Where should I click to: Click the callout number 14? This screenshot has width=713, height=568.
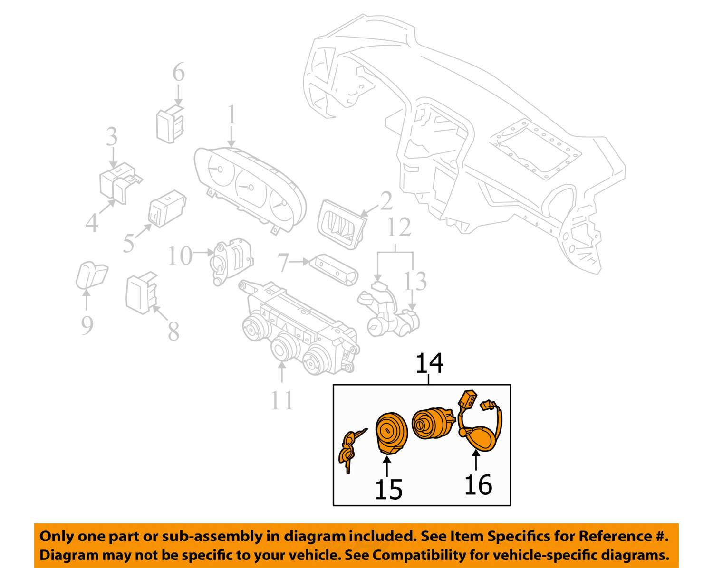pos(429,363)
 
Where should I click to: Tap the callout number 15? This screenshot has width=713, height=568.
pos(388,489)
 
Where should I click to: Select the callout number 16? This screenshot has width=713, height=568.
pos(478,484)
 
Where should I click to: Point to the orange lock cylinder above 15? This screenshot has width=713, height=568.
pos(391,432)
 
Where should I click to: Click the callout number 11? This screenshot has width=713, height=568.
pos(282,400)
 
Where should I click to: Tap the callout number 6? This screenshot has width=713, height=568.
pos(178,73)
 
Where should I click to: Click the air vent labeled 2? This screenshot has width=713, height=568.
pos(341,225)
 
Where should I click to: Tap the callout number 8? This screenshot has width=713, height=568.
pos(173,331)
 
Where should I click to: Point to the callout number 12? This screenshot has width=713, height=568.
pos(398,227)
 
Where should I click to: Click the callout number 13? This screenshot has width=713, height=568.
pos(415,282)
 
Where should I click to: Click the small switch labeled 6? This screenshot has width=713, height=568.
pos(170,124)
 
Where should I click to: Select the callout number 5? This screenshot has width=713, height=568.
pos(129,243)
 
